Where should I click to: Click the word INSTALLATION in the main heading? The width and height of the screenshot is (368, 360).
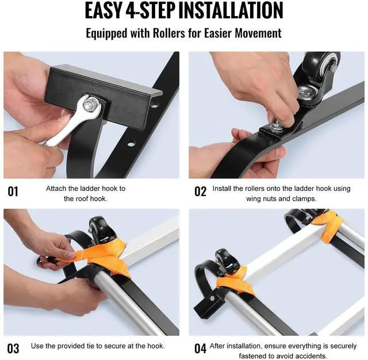(x=231, y=10)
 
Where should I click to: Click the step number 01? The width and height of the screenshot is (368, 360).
(x=13, y=192)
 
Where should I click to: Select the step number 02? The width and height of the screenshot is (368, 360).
(x=200, y=192)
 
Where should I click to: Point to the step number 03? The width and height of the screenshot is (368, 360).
(x=13, y=348)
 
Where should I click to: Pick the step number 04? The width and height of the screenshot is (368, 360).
(x=201, y=348)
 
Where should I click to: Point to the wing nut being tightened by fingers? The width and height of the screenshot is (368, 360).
(x=277, y=126)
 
